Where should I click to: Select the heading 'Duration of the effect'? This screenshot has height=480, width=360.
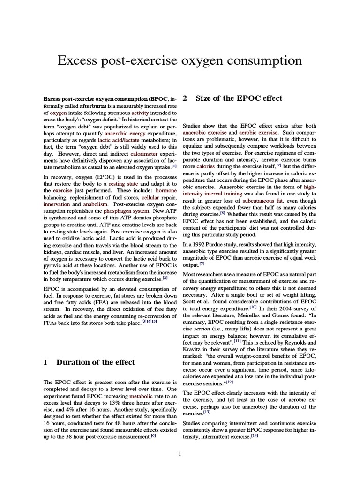[95, 362]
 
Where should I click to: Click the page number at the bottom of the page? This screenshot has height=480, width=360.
[180, 453]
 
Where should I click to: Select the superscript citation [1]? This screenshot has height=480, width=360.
[174, 165]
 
